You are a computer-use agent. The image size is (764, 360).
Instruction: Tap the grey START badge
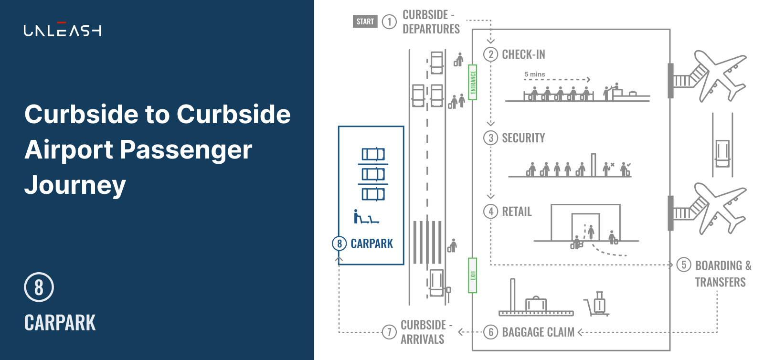point(365,21)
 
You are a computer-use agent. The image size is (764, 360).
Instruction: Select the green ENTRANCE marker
point(472,82)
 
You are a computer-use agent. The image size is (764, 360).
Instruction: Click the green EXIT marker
point(472,275)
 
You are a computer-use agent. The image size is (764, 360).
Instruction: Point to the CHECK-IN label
point(523,54)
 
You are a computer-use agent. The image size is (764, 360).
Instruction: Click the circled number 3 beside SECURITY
point(490,138)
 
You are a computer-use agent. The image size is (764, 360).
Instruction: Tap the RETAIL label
point(517,212)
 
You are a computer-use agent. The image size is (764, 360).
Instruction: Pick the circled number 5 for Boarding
point(684,265)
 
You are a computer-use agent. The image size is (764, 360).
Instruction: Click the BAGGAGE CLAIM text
point(538,332)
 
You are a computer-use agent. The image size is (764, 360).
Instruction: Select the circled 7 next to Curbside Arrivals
point(389,332)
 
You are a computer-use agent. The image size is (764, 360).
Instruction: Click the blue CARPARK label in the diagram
point(372,244)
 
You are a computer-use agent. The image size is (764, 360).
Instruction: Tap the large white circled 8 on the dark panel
point(39,287)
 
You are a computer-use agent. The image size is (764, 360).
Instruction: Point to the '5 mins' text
point(534,74)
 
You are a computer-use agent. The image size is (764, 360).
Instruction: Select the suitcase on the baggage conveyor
point(536,304)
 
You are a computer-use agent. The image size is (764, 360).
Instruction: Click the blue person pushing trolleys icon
point(366,216)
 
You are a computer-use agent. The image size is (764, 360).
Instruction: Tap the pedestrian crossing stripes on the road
point(427,243)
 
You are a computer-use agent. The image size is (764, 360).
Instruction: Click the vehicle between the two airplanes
point(722,153)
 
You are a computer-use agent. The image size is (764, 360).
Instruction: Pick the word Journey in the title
point(75,185)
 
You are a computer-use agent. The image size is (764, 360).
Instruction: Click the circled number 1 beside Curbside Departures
point(389,21)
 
